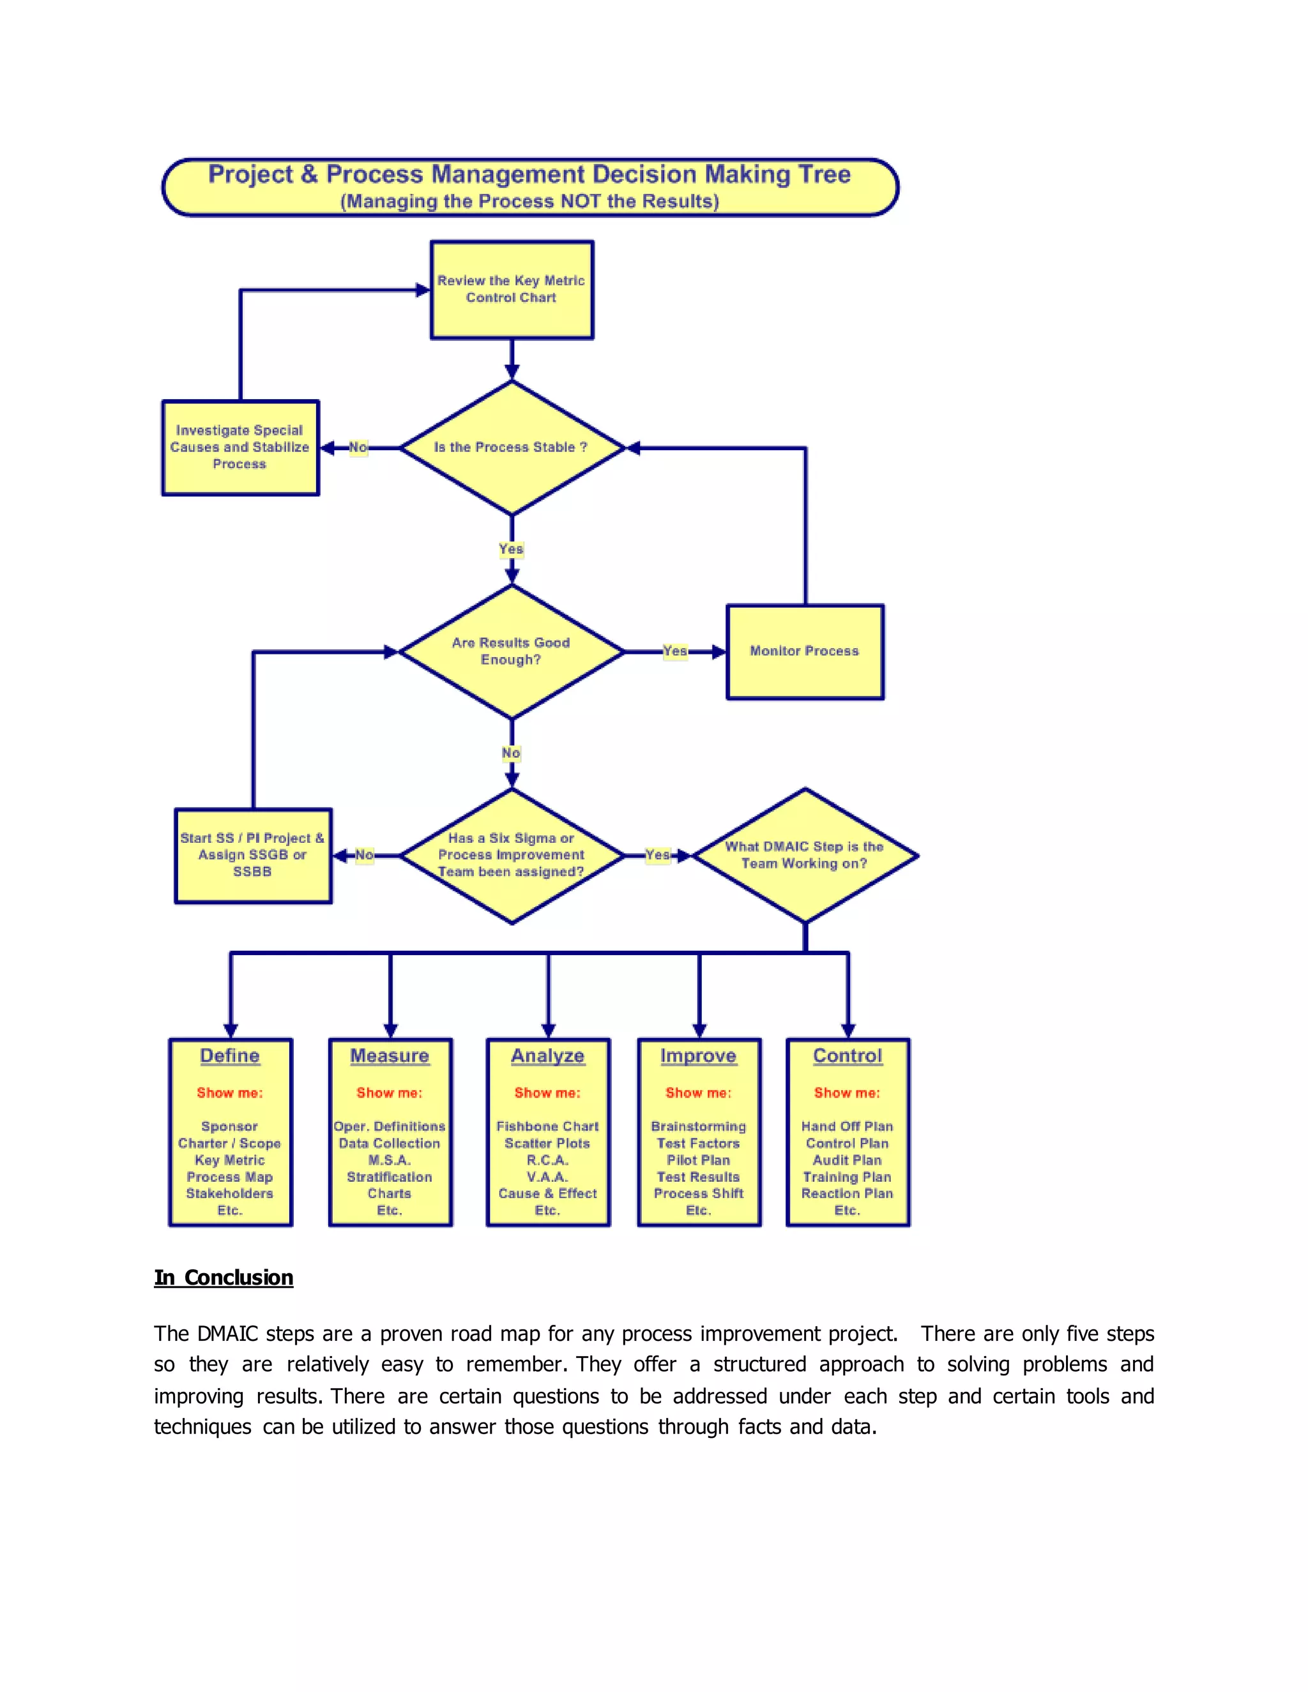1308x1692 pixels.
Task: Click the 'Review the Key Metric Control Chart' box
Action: [x=512, y=289]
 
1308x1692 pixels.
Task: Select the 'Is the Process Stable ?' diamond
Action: [x=512, y=447]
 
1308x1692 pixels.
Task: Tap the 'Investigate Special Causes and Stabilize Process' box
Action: [x=240, y=447]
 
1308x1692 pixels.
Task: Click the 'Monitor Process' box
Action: [x=804, y=651]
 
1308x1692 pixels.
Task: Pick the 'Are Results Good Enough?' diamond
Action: [x=512, y=651]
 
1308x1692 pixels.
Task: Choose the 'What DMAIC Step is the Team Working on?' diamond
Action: [x=804, y=856]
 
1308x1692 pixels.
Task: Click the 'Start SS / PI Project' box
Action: [x=253, y=856]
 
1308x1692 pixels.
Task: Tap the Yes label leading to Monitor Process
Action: [x=675, y=651]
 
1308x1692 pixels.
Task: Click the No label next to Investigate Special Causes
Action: [x=358, y=447]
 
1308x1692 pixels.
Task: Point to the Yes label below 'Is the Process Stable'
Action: [x=512, y=548]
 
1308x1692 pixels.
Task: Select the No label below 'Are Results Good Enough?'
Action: [x=512, y=752]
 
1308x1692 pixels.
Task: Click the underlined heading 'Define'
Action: [x=229, y=1055]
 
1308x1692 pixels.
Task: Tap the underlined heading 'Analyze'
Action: [x=548, y=1055]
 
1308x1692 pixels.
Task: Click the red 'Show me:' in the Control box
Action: [x=847, y=1092]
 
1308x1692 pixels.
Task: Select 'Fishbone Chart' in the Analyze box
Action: [x=548, y=1126]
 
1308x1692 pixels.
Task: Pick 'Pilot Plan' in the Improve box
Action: [x=698, y=1159]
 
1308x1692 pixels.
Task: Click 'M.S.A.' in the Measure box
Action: [x=389, y=1159]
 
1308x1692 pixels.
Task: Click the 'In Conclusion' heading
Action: [x=224, y=1278]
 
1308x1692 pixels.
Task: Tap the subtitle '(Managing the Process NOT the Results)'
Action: [x=529, y=201]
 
